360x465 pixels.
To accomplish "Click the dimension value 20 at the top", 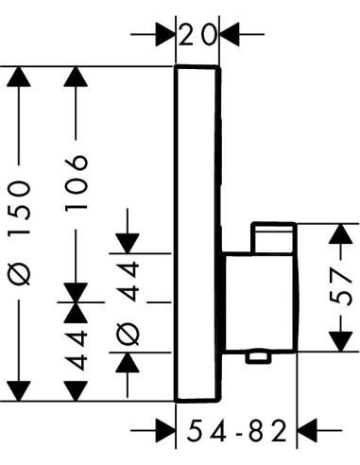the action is click(198, 35).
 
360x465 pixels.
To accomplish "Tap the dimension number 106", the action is click(76, 182).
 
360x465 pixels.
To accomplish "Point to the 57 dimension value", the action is click(340, 287).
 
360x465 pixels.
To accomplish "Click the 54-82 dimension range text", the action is click(237, 431).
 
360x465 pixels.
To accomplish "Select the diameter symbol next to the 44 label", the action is click(128, 334).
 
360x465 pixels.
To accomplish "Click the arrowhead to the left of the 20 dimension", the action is click(165, 34).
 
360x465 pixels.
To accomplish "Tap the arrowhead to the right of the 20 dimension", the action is click(230, 34).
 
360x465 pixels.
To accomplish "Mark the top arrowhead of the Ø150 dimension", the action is click(19, 77).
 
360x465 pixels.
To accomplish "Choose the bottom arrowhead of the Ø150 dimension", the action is click(19, 391).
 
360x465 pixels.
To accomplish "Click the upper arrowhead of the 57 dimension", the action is click(340, 233).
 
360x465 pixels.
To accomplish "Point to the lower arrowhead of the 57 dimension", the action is click(340, 342).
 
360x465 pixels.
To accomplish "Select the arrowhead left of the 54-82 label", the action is click(165, 430).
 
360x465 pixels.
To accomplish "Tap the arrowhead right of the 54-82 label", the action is click(307, 430).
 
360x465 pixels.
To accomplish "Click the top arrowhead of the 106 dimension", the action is click(76, 77).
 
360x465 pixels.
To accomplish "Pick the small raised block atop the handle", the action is click(274, 237).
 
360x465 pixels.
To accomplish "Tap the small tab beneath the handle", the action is click(258, 358).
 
